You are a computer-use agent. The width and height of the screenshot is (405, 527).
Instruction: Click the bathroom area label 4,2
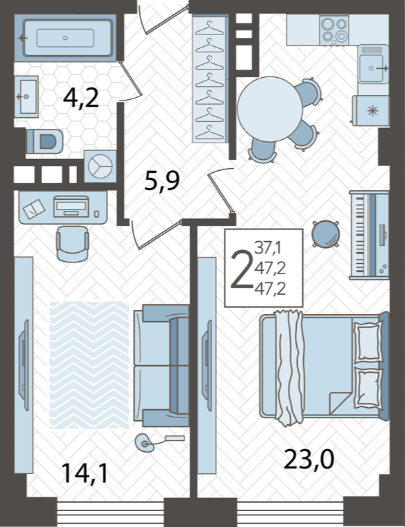81,99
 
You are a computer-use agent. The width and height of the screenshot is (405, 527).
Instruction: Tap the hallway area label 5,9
162,180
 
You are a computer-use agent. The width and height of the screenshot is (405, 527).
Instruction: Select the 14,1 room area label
85,473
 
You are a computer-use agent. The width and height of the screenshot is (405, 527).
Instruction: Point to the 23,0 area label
309,459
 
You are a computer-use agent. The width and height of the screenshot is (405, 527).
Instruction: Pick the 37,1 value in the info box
268,249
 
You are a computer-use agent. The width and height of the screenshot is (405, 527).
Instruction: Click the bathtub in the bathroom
67,38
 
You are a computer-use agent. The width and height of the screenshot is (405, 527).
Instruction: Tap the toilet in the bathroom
45,141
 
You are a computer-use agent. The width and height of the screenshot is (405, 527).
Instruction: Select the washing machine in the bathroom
100,166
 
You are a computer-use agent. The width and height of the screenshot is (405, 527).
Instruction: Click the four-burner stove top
334,30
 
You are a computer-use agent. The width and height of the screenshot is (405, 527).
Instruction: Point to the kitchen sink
373,68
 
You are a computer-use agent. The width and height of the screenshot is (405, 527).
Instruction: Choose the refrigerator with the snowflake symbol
371,111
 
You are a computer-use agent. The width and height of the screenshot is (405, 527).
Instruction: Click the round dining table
270,109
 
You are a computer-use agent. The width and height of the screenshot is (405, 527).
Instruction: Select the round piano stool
325,234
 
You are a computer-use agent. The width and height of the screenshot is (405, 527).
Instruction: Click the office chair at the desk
72,243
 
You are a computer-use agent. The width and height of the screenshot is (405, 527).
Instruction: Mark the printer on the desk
71,207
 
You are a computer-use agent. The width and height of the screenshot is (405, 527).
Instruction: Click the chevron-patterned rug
90,365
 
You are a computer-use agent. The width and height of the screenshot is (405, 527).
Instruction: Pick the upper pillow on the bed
368,341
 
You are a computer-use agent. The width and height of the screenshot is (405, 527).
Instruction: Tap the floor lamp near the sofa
145,443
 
